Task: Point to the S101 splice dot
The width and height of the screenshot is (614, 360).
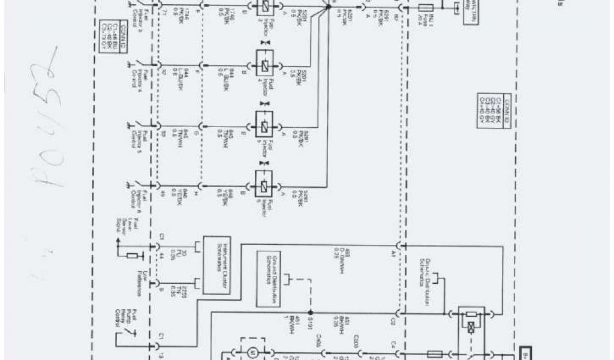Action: [x=310, y=313]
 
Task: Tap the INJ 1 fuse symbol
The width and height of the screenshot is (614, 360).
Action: [x=427, y=7]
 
